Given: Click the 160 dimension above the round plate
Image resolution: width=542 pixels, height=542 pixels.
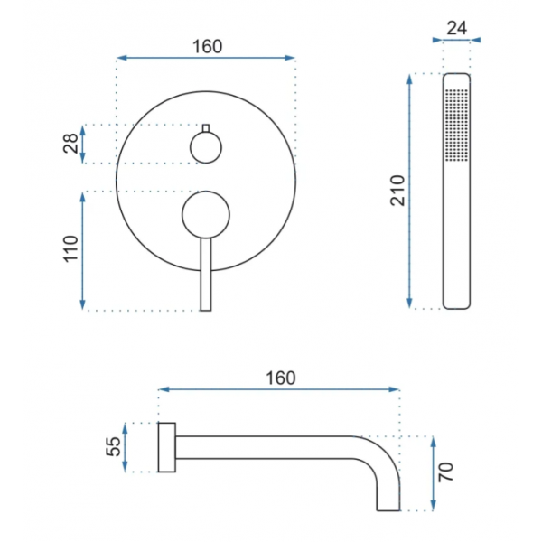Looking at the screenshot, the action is point(207,47).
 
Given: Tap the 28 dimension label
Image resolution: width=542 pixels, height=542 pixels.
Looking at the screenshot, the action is point(70,143).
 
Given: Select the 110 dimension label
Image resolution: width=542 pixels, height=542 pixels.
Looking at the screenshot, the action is point(70,249).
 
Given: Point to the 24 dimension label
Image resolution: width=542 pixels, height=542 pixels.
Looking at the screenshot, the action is point(456,28).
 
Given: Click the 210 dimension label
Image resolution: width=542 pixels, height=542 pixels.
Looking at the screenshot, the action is point(397,191).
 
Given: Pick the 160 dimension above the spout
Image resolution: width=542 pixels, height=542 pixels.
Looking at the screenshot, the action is point(281,378).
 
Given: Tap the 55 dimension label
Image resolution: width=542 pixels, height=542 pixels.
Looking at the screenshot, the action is point(113,446).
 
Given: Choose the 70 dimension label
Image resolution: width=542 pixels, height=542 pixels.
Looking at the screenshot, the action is point(445,472).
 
